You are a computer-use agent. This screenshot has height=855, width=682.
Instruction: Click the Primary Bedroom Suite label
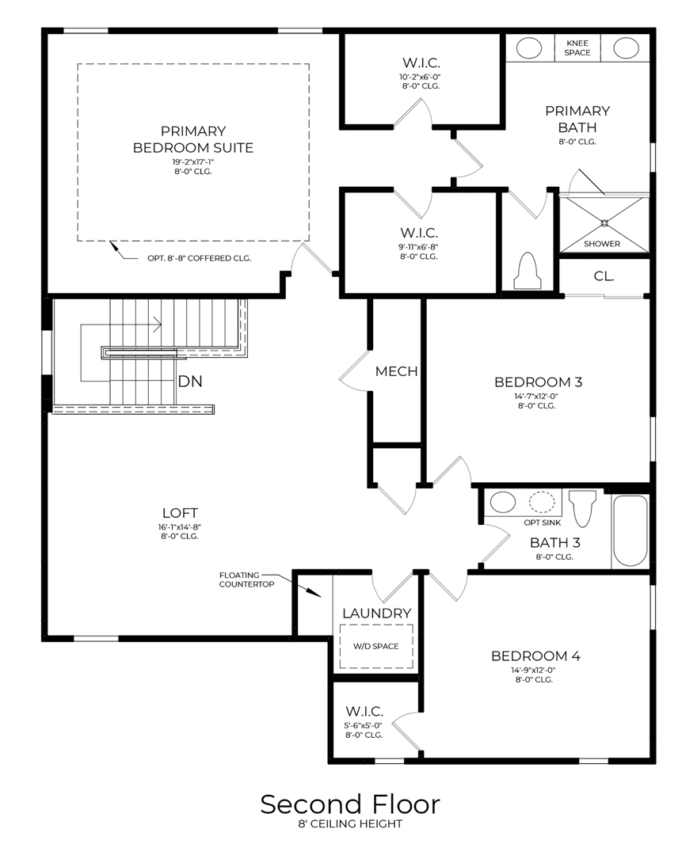tap(193, 139)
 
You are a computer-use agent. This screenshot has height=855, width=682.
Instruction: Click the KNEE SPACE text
tap(577, 47)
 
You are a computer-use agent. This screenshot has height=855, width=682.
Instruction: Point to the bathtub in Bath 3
tap(631, 530)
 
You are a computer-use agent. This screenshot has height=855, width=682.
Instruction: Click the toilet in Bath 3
tap(583, 507)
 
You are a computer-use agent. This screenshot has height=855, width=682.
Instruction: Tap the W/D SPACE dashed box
tap(375, 645)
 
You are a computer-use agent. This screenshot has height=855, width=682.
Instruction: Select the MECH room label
tap(396, 371)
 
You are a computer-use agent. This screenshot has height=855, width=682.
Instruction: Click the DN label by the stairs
tap(190, 381)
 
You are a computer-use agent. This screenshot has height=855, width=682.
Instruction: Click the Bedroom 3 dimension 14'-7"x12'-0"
tap(538, 396)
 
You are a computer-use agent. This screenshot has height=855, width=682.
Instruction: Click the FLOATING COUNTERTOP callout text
tap(246, 579)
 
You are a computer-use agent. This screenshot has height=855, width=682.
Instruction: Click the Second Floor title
tap(350, 804)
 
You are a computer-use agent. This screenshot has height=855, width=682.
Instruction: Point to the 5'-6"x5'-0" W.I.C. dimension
tap(364, 724)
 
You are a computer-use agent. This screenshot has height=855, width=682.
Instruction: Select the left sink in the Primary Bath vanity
tap(529, 48)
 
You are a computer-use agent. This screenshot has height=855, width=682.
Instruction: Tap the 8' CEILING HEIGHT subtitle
tap(350, 824)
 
